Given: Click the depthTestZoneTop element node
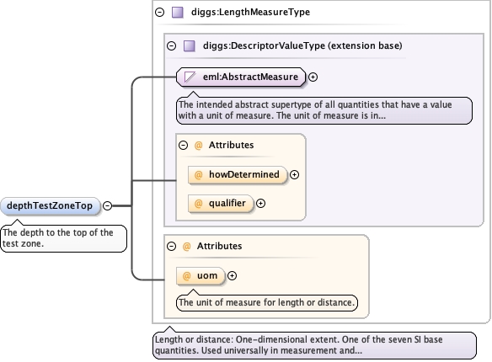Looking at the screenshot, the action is point(51,206).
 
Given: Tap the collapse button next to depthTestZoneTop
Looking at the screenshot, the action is point(108,205).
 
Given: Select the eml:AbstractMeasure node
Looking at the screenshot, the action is point(241,77).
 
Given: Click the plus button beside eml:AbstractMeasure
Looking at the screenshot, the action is point(313,77).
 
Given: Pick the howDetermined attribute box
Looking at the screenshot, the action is point(238,174).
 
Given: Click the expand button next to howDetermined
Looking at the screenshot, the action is point(294,174).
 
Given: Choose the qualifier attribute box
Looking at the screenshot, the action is point(221,204).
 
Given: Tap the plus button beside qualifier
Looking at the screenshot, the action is point(261,204).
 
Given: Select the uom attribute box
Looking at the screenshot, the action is point(201,276).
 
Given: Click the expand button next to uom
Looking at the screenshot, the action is point(232,276).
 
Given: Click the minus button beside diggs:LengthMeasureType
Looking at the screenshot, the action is point(160,13).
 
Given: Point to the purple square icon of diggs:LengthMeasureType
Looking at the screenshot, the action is point(178,13).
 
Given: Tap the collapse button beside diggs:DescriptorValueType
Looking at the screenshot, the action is point(171,46).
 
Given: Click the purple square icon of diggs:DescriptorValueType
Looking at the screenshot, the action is point(190,46).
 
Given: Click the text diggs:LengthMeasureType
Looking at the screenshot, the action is point(250,13).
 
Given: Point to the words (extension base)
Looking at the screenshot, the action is point(365,45).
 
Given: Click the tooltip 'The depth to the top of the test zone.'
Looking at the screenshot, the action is point(64,238).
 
